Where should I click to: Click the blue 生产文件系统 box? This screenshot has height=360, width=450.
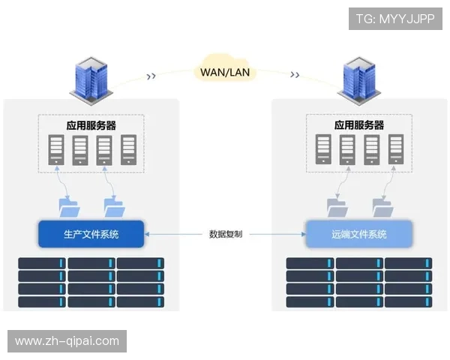click(91, 234)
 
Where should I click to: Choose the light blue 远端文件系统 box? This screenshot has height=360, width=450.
click(358, 234)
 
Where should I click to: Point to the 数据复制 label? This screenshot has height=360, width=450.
click(225, 234)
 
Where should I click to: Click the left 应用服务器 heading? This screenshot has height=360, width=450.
click(91, 125)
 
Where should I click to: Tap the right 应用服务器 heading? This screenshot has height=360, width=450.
click(358, 125)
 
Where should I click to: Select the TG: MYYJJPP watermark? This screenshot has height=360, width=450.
click(395, 18)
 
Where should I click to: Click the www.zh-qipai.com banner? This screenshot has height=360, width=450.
click(68, 341)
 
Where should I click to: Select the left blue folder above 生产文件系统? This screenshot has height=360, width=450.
click(69, 206)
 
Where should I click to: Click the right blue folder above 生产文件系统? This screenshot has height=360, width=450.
click(114, 206)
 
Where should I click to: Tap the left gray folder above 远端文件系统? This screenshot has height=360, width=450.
click(336, 206)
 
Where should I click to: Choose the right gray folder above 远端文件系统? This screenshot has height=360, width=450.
click(381, 206)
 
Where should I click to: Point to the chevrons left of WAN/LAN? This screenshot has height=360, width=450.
click(151, 75)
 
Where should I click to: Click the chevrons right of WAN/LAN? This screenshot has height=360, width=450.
click(295, 75)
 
